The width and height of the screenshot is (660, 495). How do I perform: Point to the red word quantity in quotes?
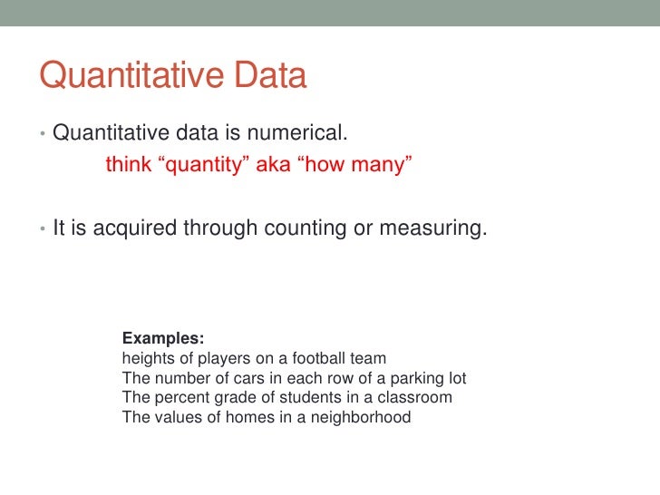pyautogui.click(x=203, y=166)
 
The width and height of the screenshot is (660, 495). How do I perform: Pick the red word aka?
pyautogui.click(x=271, y=166)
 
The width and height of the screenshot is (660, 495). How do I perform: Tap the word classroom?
pyautogui.click(x=416, y=398)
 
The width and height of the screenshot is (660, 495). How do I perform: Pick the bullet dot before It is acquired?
pyautogui.click(x=43, y=230)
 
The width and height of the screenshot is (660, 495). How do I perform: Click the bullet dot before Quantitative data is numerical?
pyautogui.click(x=43, y=135)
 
